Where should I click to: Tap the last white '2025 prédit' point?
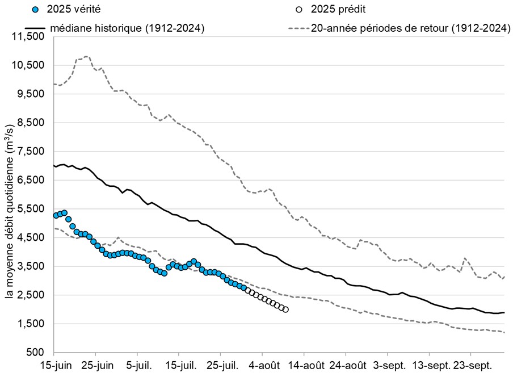(285, 309)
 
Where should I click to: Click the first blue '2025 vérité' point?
(56, 215)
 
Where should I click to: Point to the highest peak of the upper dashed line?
(86, 57)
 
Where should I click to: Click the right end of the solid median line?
(504, 312)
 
